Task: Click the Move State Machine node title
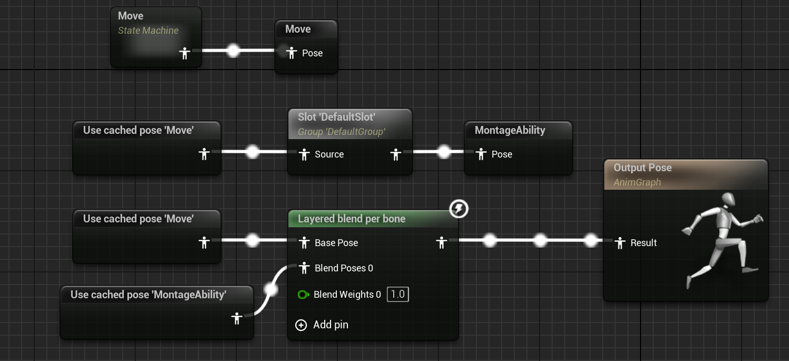coord(131,16)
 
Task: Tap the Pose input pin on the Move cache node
coord(291,53)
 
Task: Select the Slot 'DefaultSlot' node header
coord(336,117)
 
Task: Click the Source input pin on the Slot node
coord(304,154)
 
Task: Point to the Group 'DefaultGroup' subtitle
coord(341,131)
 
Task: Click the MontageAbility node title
coord(510,130)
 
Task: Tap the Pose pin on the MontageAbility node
coord(481,154)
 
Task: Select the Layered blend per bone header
coord(351,219)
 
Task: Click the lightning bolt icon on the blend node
coord(458,209)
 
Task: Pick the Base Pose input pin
coord(304,242)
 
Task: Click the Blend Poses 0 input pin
coord(304,268)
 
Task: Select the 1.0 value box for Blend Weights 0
coord(397,294)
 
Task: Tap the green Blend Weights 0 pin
coord(303,295)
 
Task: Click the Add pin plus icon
coord(301,325)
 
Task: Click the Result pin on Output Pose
coord(620,242)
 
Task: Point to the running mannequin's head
coord(728,199)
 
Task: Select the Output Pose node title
coord(642,168)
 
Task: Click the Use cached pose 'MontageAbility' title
coord(148,295)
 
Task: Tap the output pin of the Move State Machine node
coord(184,53)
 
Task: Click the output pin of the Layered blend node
coord(442,242)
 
